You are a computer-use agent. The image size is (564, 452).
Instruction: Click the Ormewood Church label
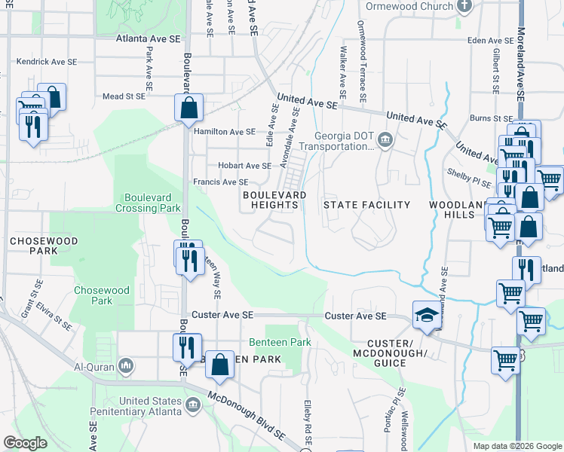409,6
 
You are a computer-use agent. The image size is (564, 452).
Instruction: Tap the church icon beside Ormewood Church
464,6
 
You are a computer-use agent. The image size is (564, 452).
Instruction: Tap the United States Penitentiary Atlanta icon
193,406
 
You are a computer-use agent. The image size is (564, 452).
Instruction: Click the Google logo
26,443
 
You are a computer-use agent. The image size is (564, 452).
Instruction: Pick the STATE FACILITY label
366,205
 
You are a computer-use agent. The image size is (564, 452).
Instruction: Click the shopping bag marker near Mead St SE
189,107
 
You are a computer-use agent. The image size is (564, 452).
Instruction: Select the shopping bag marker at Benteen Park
219,365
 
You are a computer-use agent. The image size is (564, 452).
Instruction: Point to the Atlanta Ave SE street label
149,38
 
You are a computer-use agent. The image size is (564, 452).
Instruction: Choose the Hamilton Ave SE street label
225,131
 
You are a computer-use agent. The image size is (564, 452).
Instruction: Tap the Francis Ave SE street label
222,182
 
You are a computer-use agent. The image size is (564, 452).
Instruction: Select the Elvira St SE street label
57,316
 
